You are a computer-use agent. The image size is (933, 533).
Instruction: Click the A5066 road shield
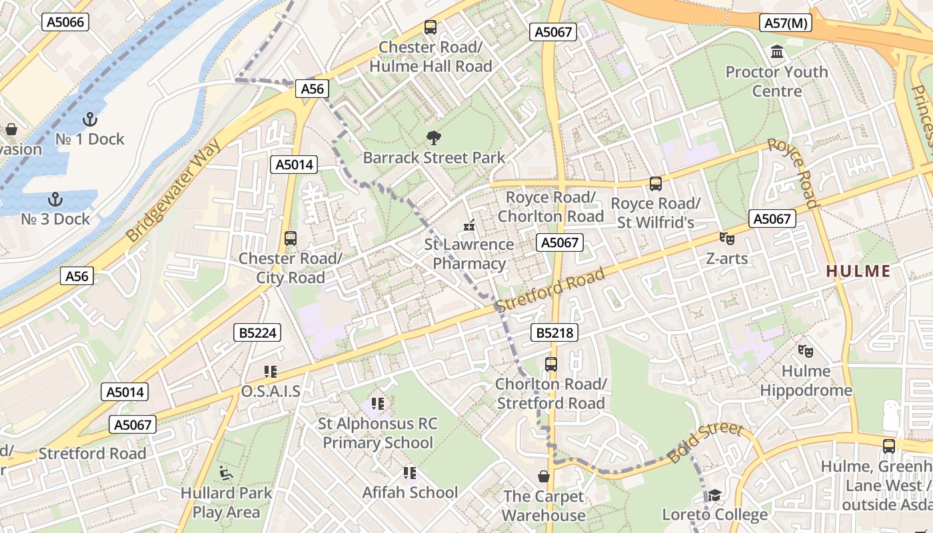coord(65,22)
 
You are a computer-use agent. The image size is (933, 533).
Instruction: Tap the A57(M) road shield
coord(786,23)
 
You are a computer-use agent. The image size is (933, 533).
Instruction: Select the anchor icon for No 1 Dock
coord(89,119)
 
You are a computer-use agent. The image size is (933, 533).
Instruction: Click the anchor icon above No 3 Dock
coord(56,199)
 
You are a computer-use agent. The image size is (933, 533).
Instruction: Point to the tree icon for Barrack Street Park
coord(434,138)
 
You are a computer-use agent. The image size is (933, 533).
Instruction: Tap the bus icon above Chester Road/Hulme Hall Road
coord(431,27)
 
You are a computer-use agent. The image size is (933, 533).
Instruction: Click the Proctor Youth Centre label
coord(776,81)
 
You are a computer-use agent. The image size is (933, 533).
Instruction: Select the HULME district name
coord(858,271)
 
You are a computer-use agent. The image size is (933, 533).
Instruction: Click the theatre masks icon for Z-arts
coord(726,238)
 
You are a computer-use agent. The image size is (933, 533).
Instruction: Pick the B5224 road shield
coord(257,332)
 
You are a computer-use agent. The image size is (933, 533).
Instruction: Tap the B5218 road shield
coord(554,332)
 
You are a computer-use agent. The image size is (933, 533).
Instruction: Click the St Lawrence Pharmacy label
coord(469,254)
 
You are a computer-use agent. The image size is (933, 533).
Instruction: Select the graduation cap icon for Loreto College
coord(714,495)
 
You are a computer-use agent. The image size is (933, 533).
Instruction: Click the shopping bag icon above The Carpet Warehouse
coord(544,476)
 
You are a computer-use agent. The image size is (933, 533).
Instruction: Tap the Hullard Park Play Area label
coord(226,502)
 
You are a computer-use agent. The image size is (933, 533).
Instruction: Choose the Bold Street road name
coord(705,442)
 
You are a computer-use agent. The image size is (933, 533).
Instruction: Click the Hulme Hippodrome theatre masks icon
coord(806,350)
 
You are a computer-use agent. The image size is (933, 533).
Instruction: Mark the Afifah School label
coord(410,492)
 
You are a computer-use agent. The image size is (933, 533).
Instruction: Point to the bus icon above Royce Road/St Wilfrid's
coord(656,183)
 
